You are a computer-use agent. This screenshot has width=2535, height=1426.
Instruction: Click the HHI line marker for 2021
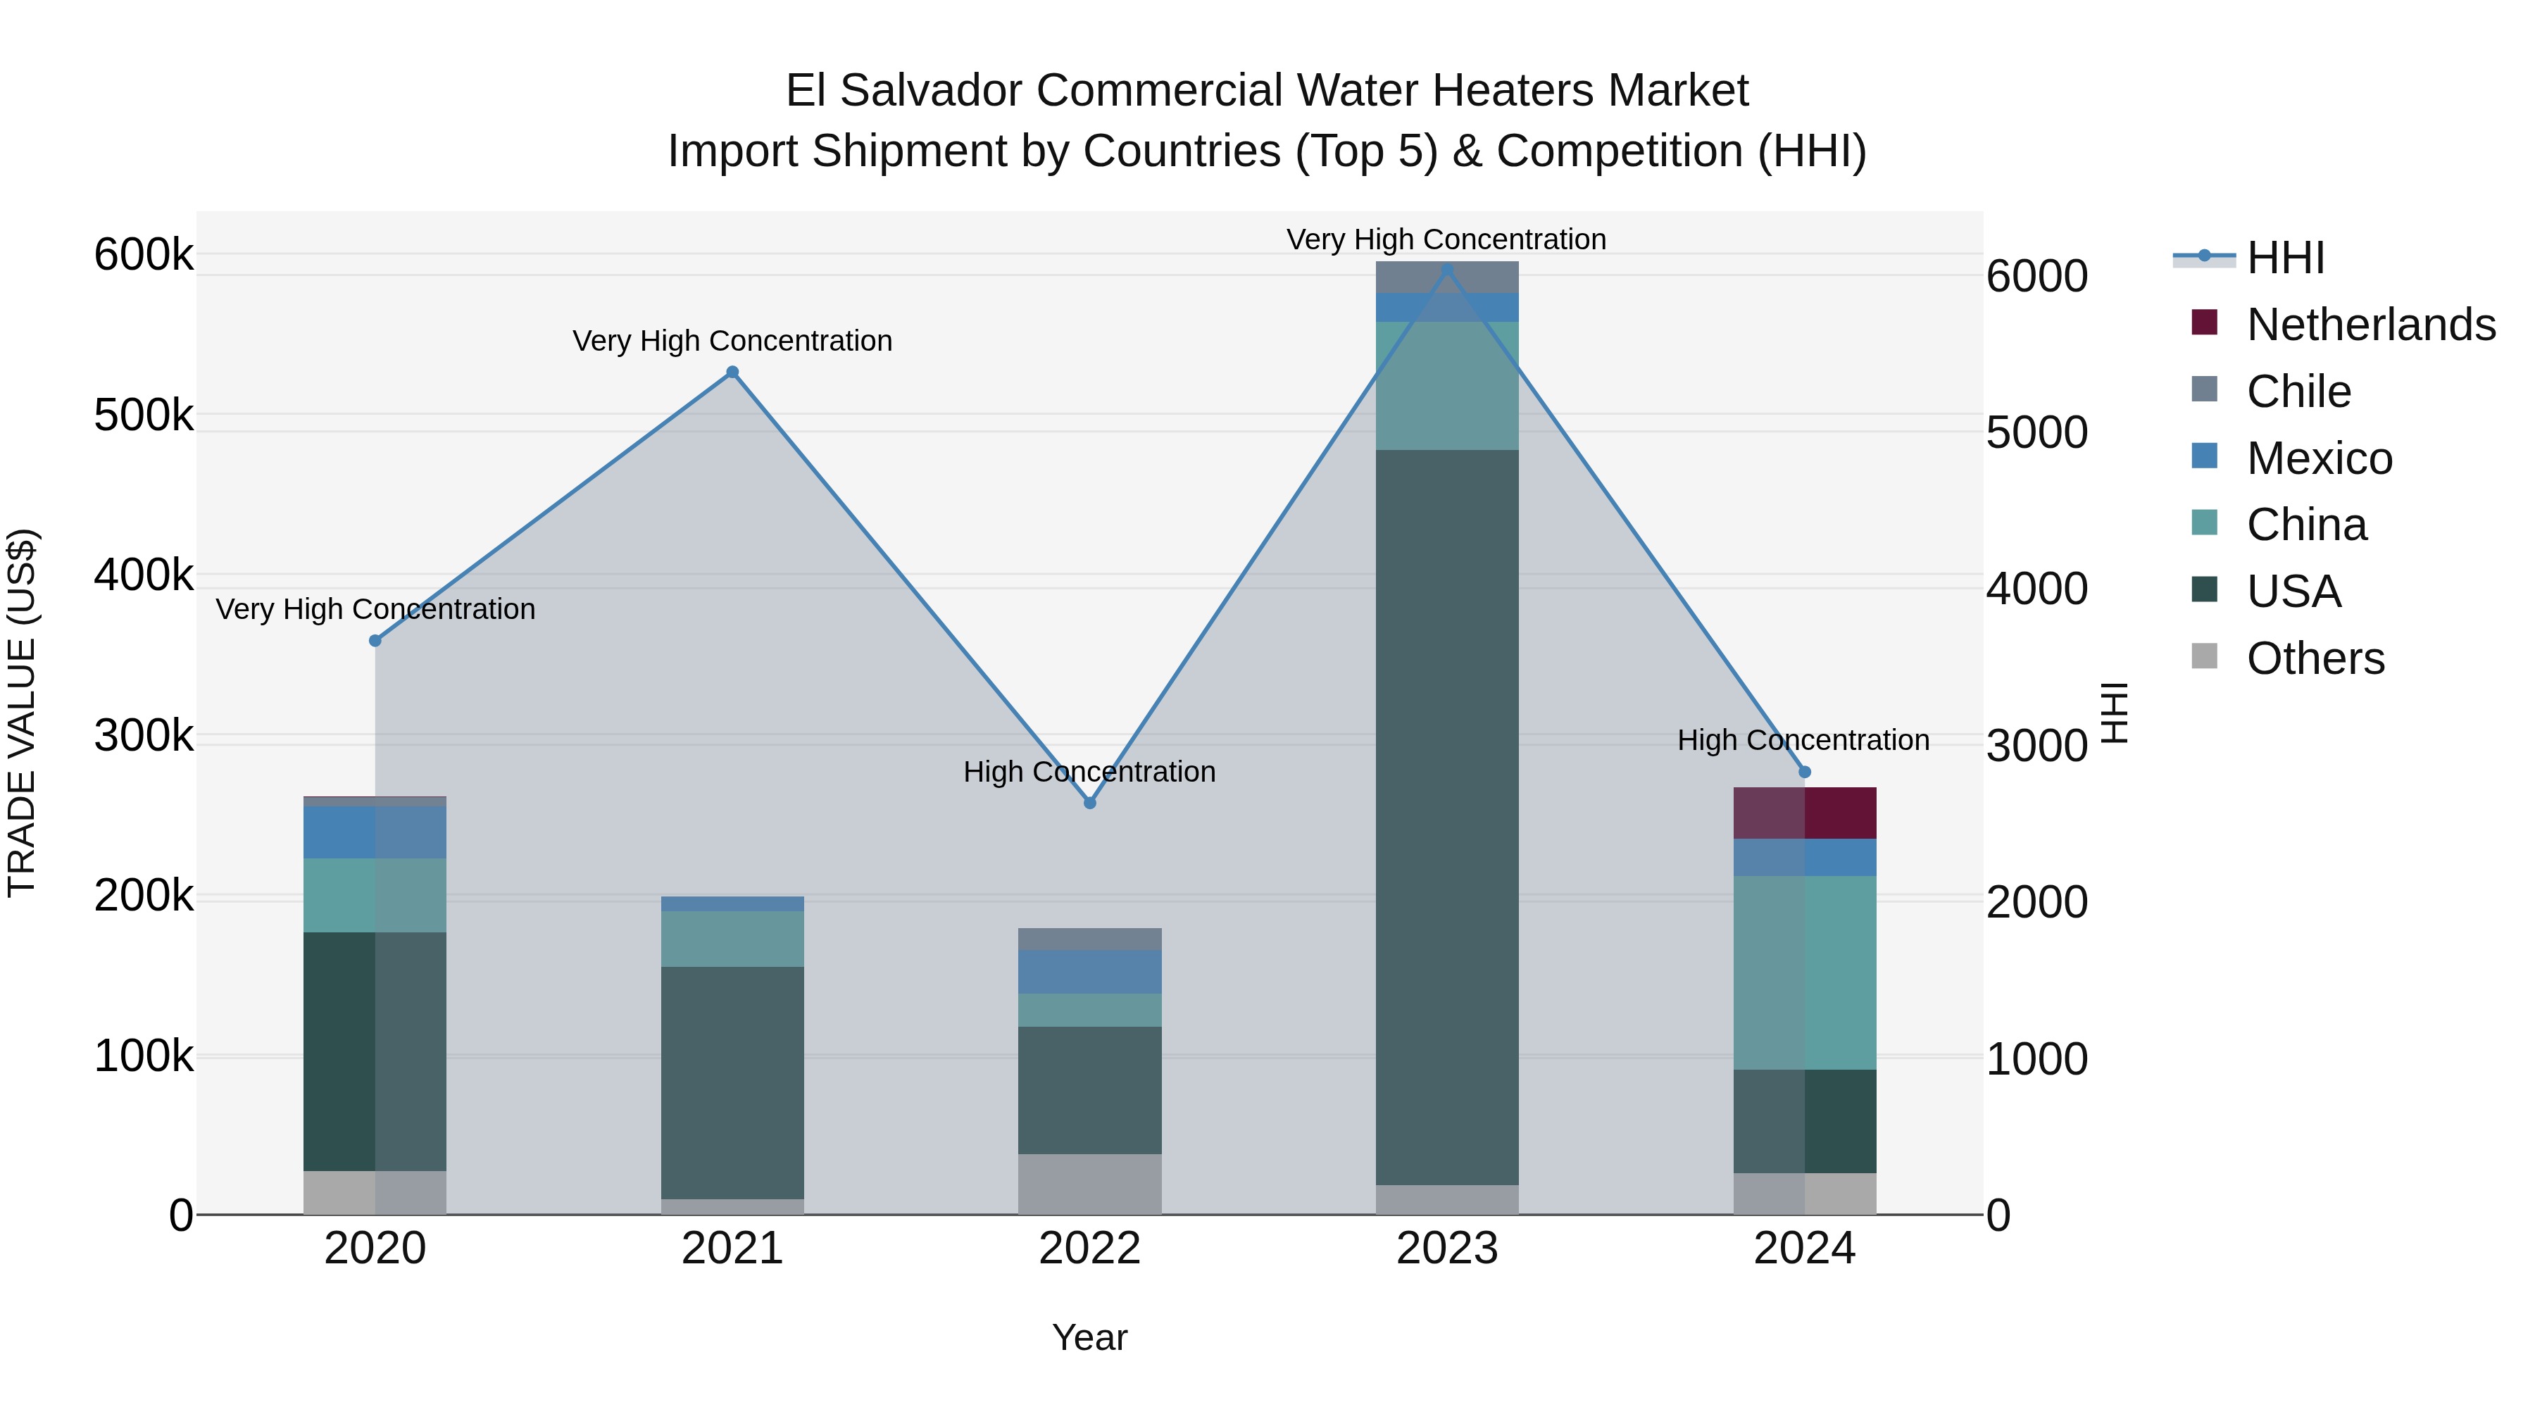coord(732,372)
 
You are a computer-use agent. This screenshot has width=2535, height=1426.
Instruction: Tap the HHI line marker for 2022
coord(1089,803)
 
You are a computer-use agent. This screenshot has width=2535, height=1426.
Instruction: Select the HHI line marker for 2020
coord(375,641)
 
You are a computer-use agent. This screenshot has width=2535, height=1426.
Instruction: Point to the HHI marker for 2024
coord(1804,773)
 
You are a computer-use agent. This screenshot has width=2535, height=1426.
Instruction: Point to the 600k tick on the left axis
coord(144,255)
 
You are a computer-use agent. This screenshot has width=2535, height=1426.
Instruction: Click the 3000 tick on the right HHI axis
coord(2036,746)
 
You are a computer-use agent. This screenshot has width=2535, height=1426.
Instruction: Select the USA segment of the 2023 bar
coord(1446,817)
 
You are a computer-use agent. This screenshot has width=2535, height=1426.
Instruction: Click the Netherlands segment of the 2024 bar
coord(1804,813)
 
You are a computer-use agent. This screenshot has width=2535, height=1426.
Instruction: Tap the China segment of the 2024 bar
coord(1804,972)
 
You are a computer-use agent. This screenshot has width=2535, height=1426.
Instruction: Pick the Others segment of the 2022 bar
coord(1089,1184)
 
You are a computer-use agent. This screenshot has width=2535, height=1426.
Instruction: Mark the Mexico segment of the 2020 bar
coord(375,832)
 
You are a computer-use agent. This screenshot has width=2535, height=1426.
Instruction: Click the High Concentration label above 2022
coord(1089,772)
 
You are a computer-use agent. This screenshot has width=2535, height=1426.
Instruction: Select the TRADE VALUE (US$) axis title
coord(22,713)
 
